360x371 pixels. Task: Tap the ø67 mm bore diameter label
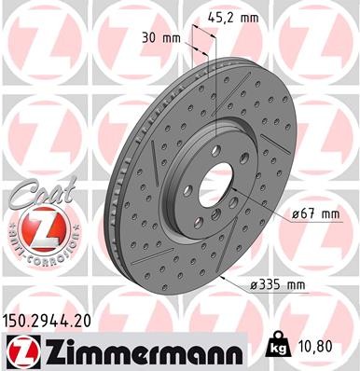[x=314, y=215]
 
